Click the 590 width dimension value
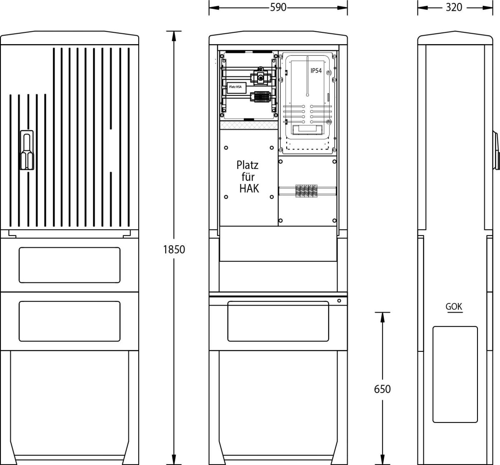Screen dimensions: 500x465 [x=278, y=7]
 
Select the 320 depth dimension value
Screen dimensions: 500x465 [x=454, y=7]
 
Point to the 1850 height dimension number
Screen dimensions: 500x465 [x=174, y=250]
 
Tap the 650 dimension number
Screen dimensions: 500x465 [x=382, y=389]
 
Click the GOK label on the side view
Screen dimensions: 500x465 [x=454, y=306]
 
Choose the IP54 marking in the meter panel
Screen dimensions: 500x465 [x=316, y=71]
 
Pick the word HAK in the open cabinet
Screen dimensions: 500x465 [x=249, y=189]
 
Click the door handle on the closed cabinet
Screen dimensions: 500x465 [x=27, y=150]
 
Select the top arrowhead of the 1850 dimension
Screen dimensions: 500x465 [x=174, y=36]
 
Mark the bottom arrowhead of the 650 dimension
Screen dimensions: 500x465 [x=382, y=460]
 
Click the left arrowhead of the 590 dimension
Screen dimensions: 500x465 [x=214, y=8]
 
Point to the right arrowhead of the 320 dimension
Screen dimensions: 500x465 [x=487, y=8]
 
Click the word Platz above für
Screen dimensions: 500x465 [x=247, y=165]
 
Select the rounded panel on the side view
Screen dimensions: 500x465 [x=455, y=374]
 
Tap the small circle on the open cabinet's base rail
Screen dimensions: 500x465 [x=339, y=301]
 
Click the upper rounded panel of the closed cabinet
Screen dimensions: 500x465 [x=70, y=265]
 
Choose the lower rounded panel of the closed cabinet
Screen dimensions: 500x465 [x=70, y=321]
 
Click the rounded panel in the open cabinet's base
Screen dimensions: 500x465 [x=278, y=321]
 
